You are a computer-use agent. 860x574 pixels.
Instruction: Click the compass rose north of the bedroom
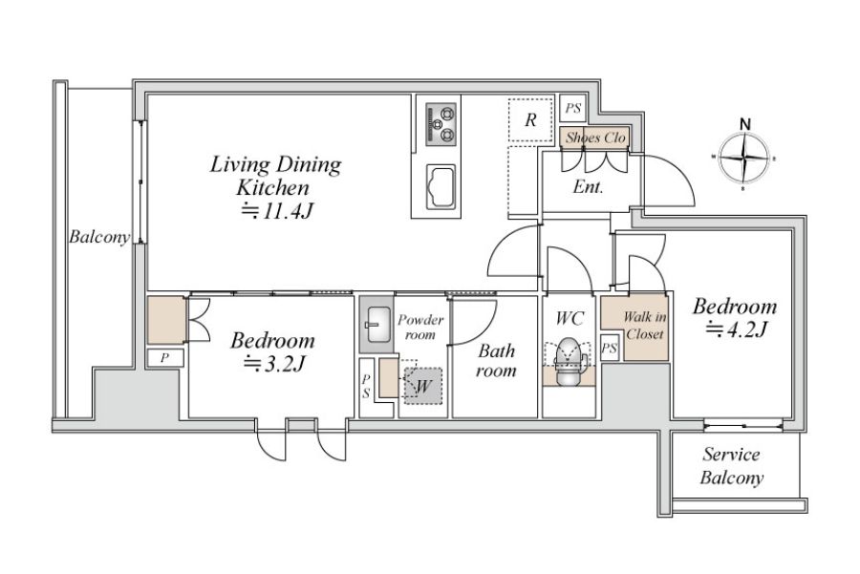tap(743, 159)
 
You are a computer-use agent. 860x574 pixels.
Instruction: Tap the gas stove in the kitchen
tap(441, 124)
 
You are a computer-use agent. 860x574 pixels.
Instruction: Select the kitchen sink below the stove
tap(441, 186)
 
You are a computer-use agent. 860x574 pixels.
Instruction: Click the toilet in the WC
tap(568, 362)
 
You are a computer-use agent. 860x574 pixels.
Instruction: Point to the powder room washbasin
tap(377, 325)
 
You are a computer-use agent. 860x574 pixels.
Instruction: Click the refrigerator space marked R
tap(529, 120)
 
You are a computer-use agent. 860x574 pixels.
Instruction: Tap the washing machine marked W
tap(423, 386)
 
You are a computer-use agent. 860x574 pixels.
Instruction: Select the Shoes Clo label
tap(595, 138)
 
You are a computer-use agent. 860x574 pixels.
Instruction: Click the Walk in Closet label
tap(644, 325)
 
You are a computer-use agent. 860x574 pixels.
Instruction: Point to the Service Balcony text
tap(732, 466)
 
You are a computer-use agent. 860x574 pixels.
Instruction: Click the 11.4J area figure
tap(276, 210)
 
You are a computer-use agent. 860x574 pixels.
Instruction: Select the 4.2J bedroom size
tap(735, 329)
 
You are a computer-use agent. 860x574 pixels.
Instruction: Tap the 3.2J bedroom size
tap(273, 364)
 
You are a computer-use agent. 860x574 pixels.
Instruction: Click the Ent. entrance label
tap(588, 187)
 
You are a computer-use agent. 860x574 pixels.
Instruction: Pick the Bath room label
tap(496, 360)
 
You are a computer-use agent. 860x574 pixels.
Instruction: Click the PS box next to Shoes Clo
tap(573, 108)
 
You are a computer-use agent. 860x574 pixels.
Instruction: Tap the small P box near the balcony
tap(164, 358)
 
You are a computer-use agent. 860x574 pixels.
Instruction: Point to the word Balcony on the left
tap(99, 237)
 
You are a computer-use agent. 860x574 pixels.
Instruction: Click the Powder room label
tap(420, 327)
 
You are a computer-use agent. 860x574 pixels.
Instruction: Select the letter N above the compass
tap(744, 124)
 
